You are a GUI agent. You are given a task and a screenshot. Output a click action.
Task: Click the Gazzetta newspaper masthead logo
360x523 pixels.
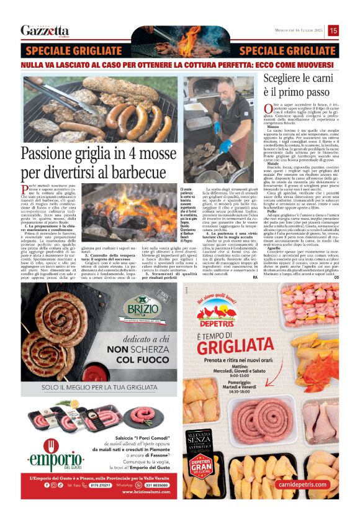pyautogui.click(x=45, y=30)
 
